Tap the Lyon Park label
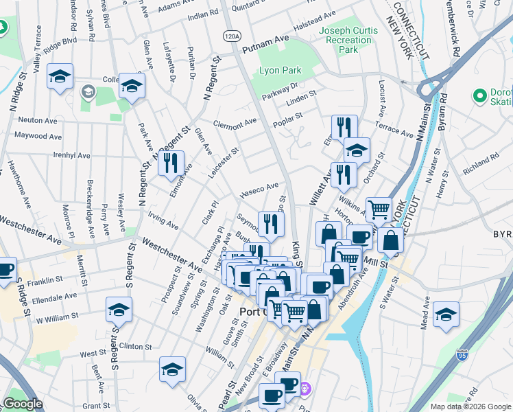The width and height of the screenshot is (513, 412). point(281,71)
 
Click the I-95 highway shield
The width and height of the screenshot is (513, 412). point(464,356)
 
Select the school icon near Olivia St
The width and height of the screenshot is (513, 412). point(172,369)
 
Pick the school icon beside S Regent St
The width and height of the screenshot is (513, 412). point(119,310)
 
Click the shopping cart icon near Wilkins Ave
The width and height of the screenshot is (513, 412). point(379,209)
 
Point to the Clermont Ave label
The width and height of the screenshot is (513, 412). point(234,124)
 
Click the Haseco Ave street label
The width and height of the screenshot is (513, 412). point(259,190)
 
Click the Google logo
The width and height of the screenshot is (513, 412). point(23,404)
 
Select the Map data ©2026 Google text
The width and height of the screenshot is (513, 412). point(470,407)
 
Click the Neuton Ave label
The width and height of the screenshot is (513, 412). point(38,120)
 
